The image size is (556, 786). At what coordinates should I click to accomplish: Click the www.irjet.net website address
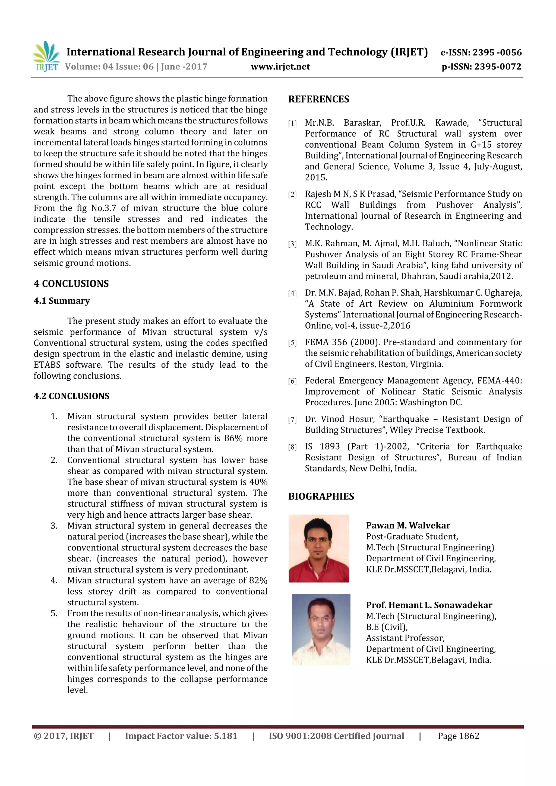[x=280, y=67]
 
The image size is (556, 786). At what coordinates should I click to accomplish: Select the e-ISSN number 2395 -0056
[x=497, y=52]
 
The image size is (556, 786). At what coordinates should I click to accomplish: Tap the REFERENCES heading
[x=319, y=99]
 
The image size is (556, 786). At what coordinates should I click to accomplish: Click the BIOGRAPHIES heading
[x=321, y=497]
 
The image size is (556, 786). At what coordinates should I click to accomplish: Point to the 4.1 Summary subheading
[x=62, y=301]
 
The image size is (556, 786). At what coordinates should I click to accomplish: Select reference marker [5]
[x=292, y=343]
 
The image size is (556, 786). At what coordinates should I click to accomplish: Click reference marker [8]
[x=292, y=447]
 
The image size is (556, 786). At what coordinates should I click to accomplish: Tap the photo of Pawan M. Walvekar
[x=319, y=548]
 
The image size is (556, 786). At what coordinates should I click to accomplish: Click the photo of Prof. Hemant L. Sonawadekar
[x=321, y=629]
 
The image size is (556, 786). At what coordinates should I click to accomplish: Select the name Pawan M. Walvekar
[x=408, y=526]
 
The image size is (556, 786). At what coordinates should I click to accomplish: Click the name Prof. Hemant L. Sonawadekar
[x=429, y=605]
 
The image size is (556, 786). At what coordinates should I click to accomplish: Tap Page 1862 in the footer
[x=458, y=736]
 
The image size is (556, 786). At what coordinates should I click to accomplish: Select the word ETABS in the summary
[x=47, y=365]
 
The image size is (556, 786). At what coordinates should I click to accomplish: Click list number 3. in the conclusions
[x=54, y=526]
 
